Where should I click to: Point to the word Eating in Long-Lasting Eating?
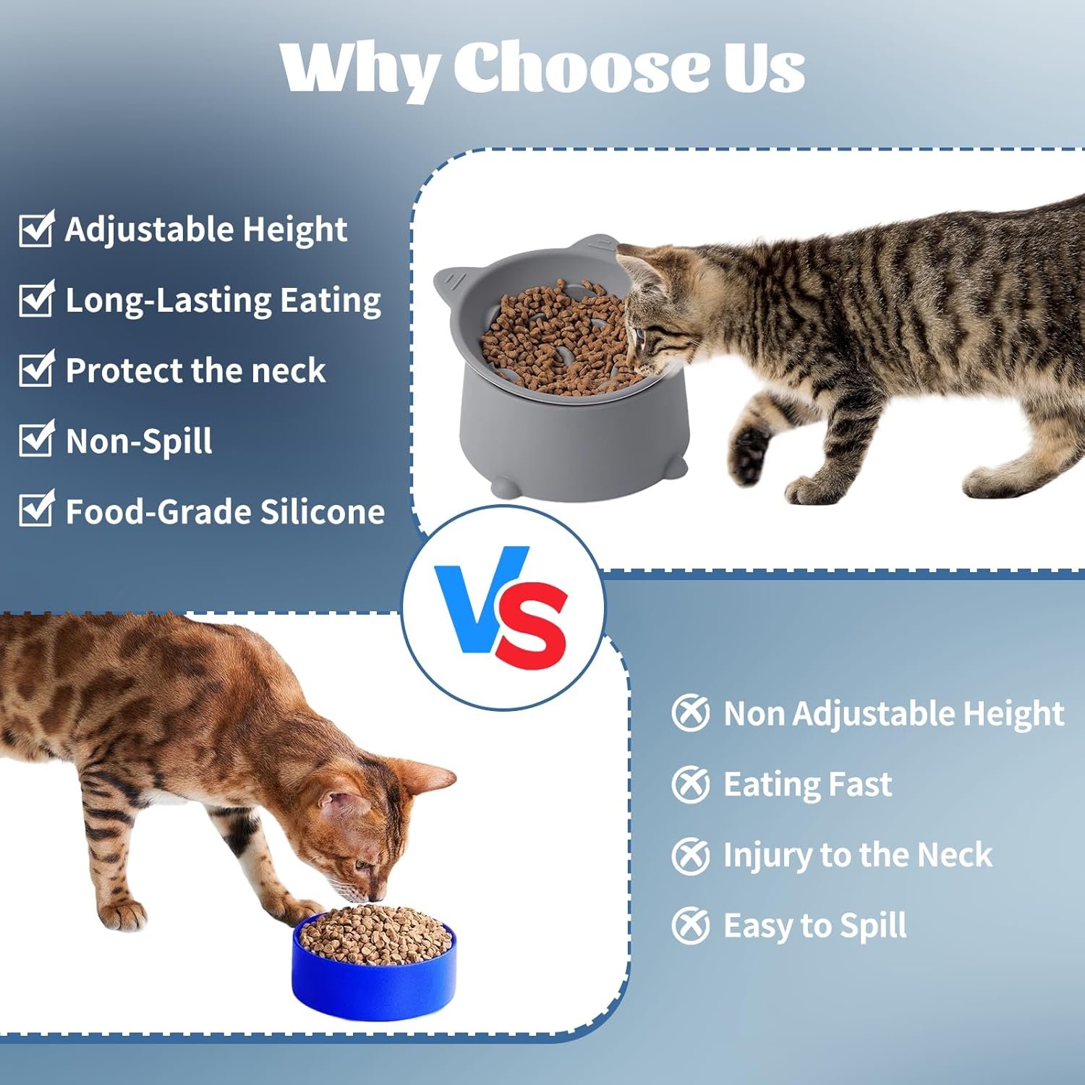coord(330,301)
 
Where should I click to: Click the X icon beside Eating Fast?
coord(690,784)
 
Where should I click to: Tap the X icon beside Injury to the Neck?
coord(690,855)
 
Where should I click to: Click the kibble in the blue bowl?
coord(374,933)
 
